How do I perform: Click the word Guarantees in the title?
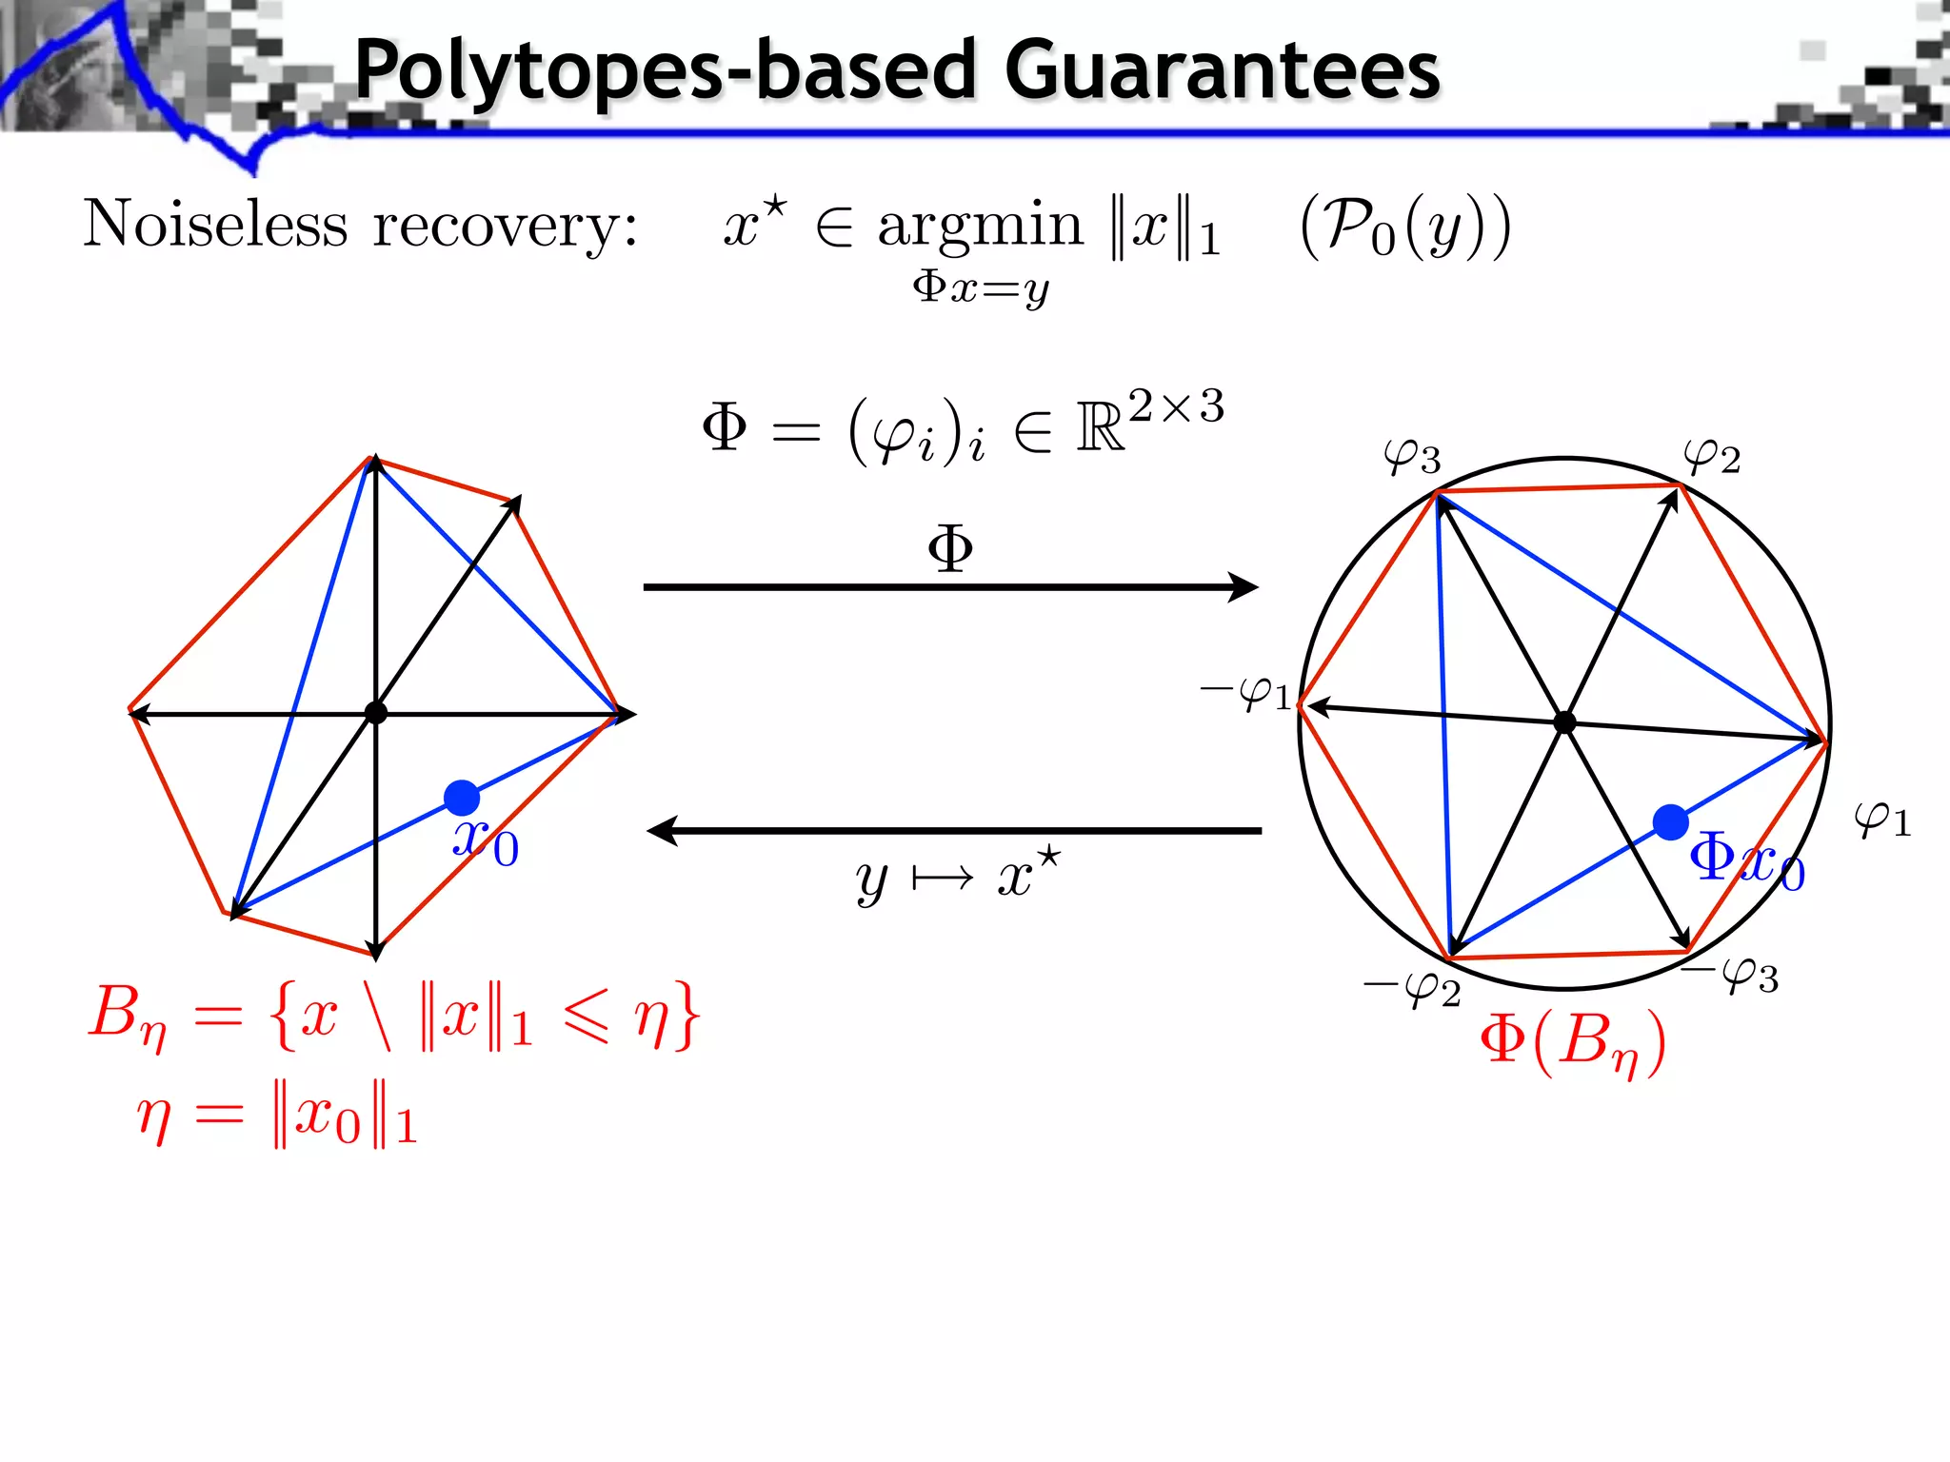[x=1222, y=70]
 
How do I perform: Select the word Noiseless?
[x=216, y=225]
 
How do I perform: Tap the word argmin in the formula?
[x=980, y=227]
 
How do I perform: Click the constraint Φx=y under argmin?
[x=980, y=286]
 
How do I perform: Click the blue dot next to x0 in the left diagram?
[x=462, y=798]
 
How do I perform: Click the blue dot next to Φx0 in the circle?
[x=1671, y=822]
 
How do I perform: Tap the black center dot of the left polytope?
[x=376, y=712]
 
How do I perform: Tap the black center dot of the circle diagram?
[x=1564, y=723]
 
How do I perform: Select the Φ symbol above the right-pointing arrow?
[x=950, y=548]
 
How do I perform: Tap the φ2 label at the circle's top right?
[x=1712, y=457]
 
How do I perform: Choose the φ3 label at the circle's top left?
[x=1412, y=457]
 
